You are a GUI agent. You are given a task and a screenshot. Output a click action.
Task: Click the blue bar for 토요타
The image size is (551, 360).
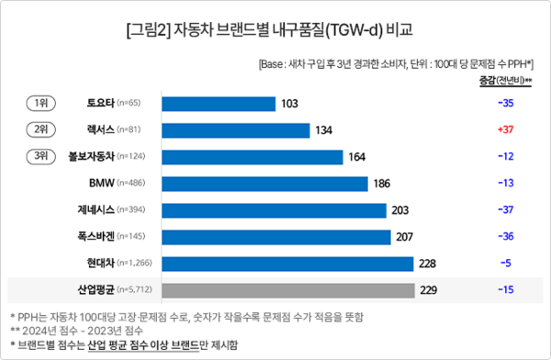(219, 103)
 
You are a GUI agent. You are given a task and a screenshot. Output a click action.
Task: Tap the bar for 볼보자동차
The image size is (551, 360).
(252, 157)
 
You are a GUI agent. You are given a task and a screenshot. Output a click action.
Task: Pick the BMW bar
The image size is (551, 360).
(264, 184)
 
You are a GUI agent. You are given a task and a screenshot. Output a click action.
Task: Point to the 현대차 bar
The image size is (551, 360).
(288, 264)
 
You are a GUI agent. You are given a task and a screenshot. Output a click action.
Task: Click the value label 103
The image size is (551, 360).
(290, 103)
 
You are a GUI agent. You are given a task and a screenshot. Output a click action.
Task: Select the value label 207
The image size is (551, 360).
(405, 237)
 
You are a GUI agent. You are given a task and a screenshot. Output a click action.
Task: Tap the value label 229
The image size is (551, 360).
(430, 290)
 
